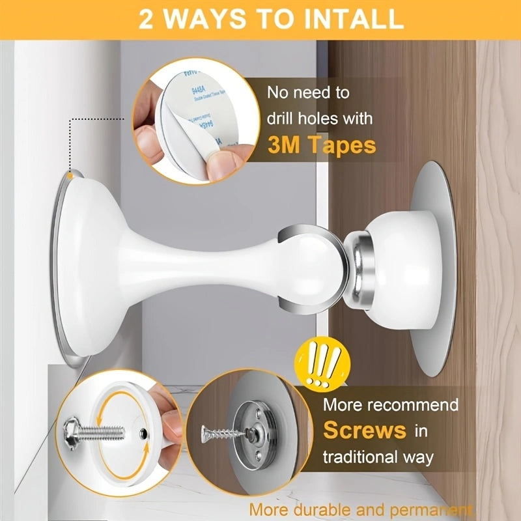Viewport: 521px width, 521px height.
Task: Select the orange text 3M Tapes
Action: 322,145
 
